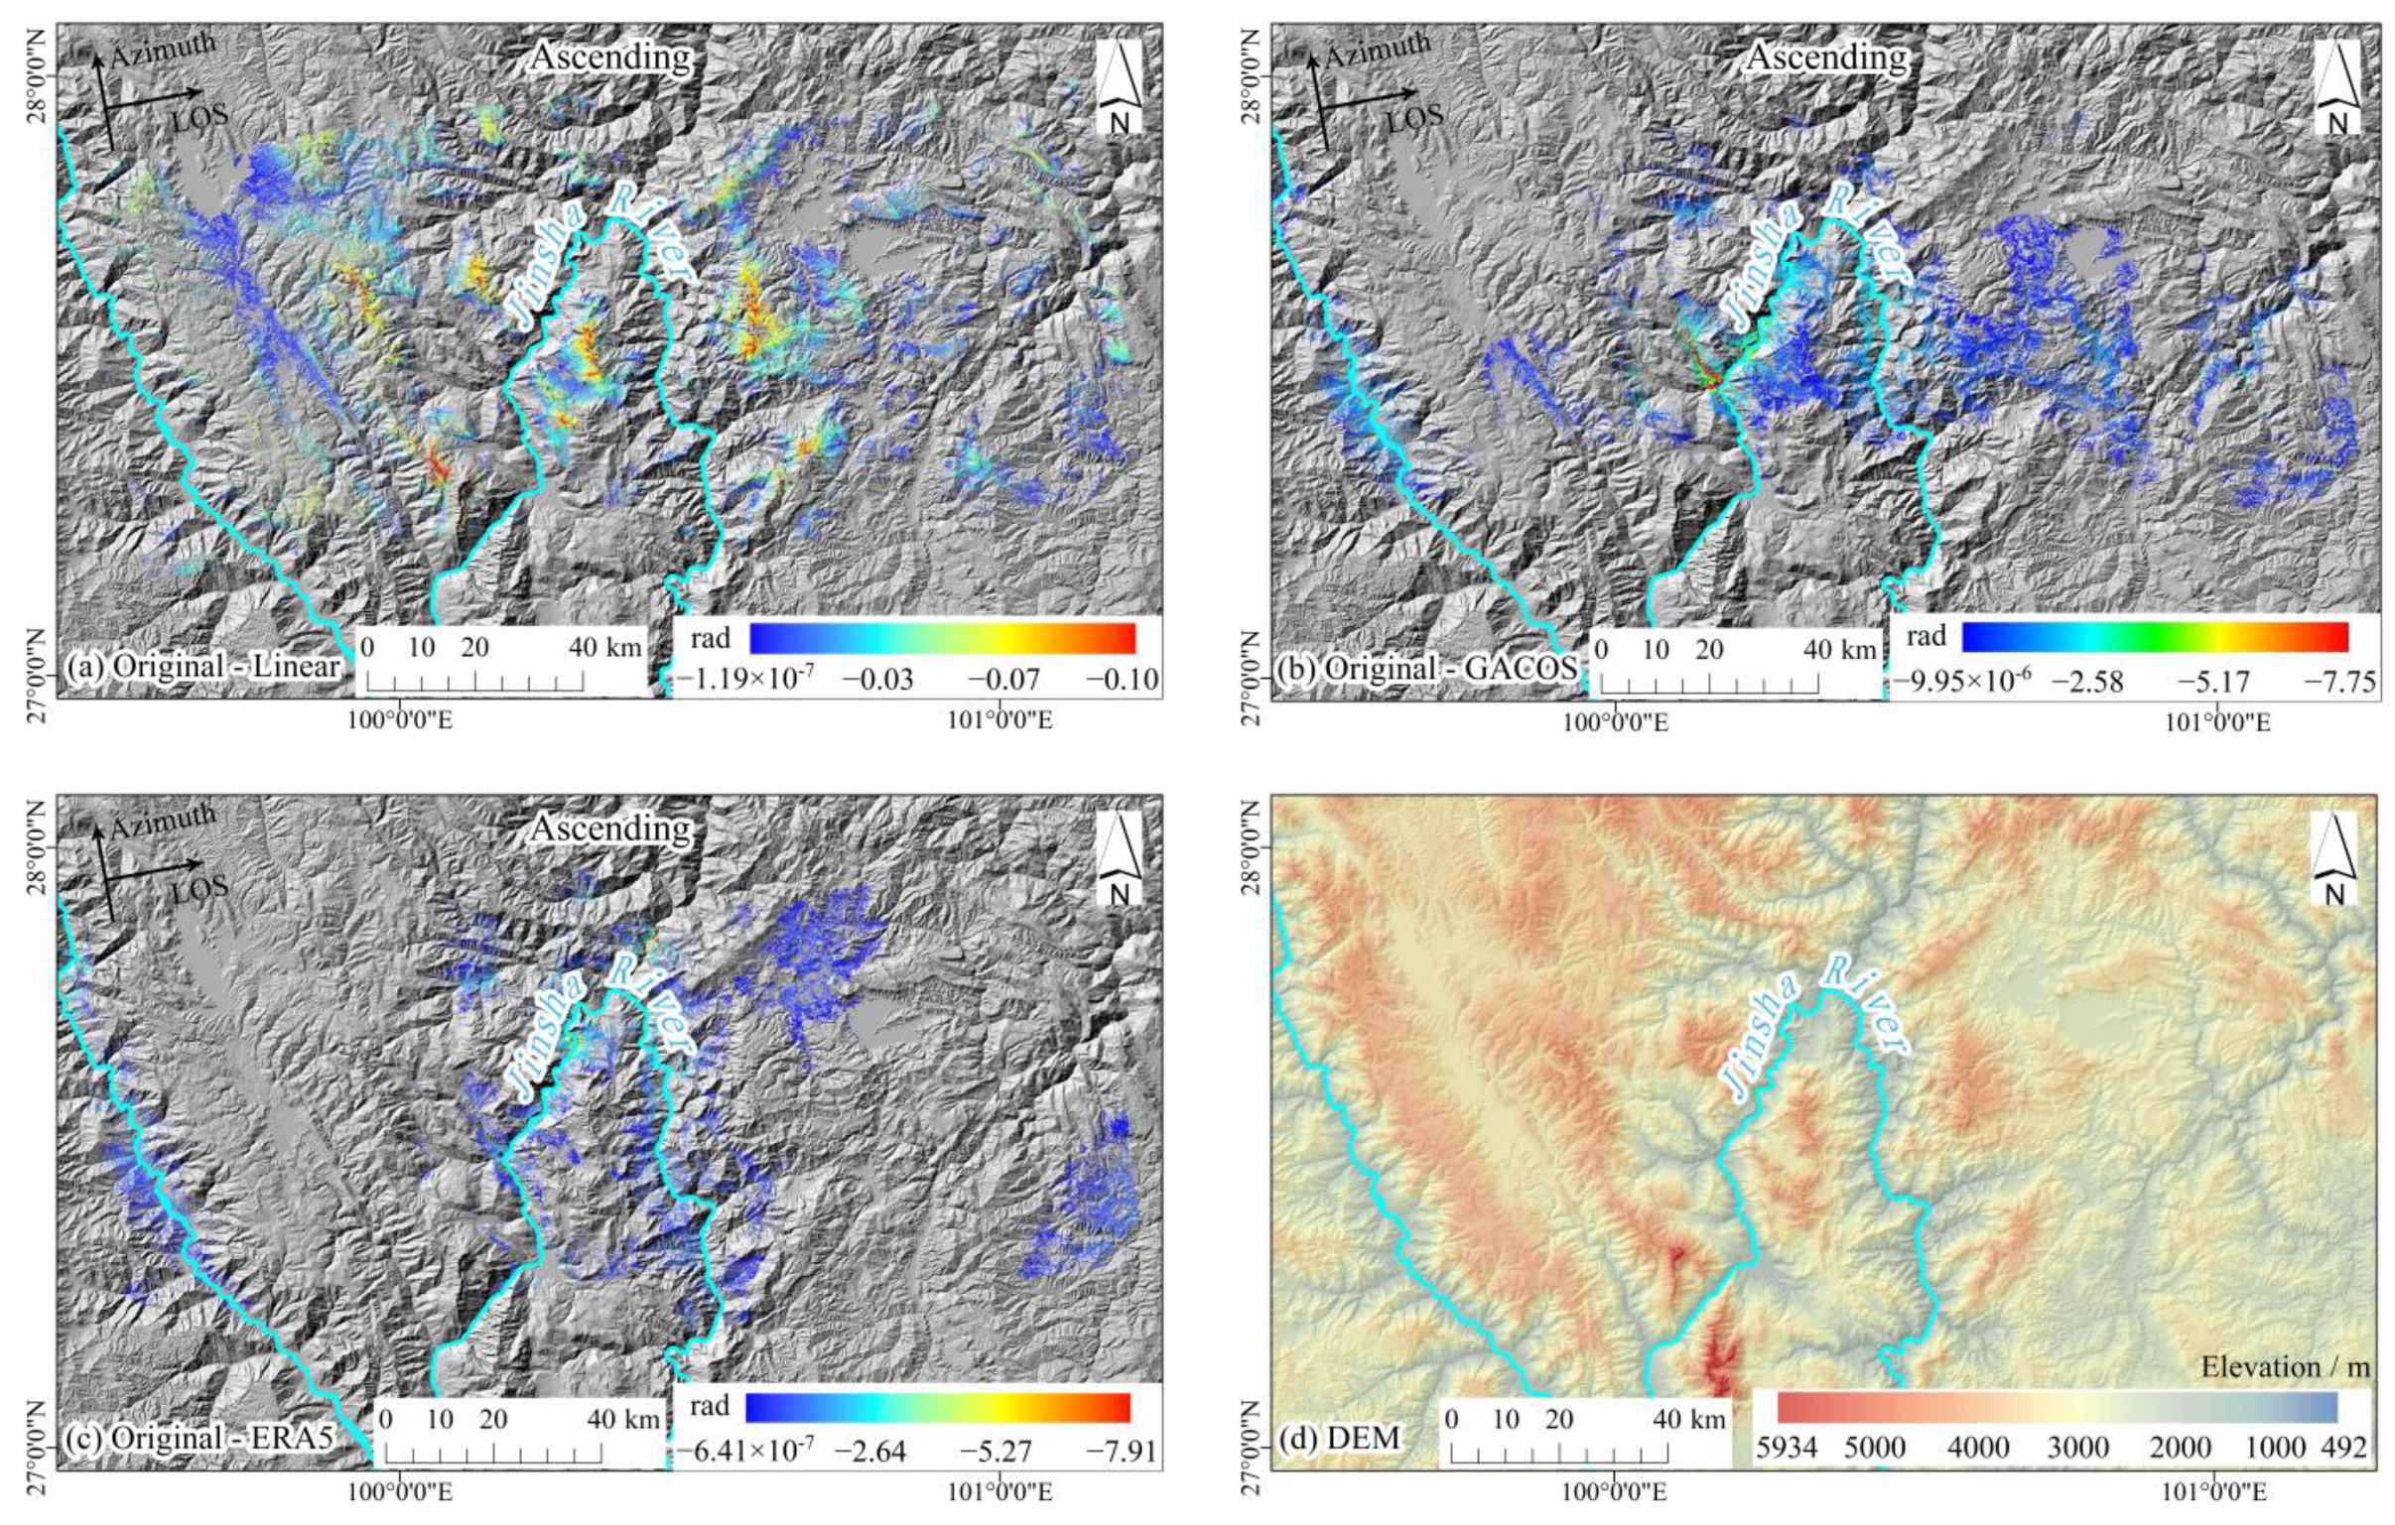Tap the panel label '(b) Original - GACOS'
pos(1426,668)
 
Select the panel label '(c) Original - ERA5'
pos(198,1437)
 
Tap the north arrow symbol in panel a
pos(1119,87)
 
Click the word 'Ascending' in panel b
pos(1827,57)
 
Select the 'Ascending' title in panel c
pos(610,828)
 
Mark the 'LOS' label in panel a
pos(201,115)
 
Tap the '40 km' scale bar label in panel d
pos(1689,1420)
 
